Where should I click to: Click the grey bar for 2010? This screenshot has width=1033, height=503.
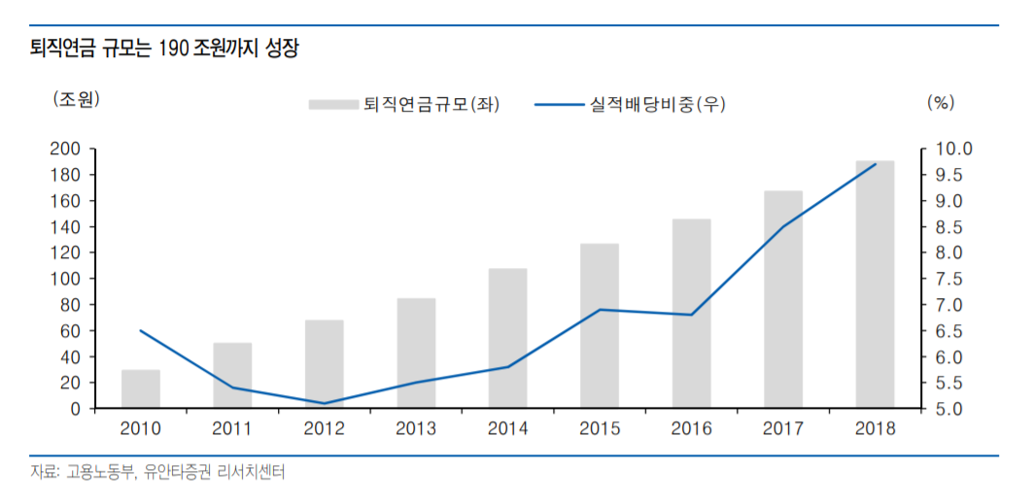[141, 389]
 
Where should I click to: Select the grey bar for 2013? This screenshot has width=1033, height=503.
[416, 353]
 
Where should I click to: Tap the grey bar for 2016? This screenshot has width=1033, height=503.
[691, 314]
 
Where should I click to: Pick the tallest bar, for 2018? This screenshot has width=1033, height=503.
[875, 285]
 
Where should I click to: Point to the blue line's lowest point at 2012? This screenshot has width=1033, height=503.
[324, 403]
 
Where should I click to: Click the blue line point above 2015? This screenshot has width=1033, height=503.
[600, 310]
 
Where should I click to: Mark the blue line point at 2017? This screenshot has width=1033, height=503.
[783, 226]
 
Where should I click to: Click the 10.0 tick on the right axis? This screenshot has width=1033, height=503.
[952, 149]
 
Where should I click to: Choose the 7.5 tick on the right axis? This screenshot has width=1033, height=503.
[948, 279]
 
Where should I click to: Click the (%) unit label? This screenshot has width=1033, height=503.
[942, 101]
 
